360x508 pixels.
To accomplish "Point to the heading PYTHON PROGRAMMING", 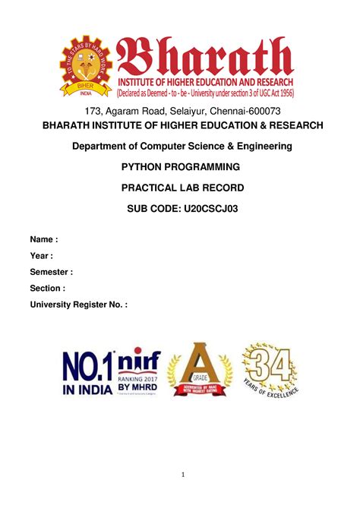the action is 180,166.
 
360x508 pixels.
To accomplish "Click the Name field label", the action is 43,239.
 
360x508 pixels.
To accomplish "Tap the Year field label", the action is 42,255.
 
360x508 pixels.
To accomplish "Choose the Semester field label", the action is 52,272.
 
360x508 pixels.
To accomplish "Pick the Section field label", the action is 47,289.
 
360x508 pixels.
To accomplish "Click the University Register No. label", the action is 78,304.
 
